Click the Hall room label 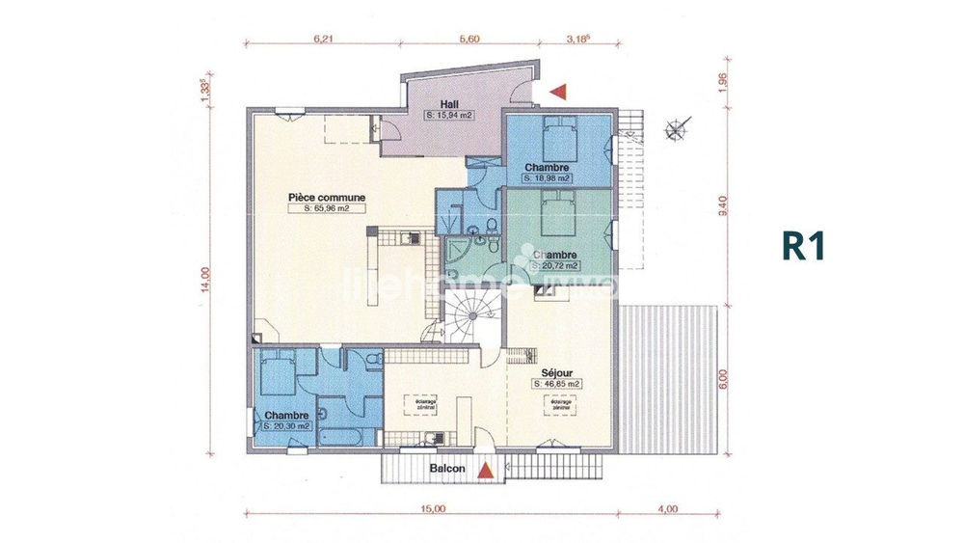click(448, 104)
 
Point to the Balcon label click(447, 469)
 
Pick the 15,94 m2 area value click(449, 115)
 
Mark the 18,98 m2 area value click(548, 178)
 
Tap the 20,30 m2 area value click(286, 425)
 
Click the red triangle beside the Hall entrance click(559, 91)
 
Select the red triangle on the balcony click(488, 470)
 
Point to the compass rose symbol click(679, 124)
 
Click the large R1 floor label click(803, 246)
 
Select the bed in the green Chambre click(555, 210)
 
